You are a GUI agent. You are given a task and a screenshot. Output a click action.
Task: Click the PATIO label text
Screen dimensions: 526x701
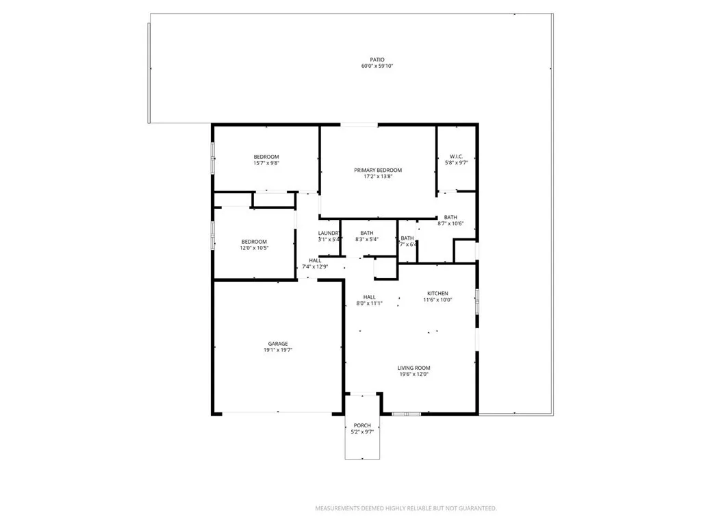pos(377,60)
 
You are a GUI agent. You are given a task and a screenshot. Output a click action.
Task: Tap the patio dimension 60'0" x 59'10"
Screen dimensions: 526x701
pos(377,66)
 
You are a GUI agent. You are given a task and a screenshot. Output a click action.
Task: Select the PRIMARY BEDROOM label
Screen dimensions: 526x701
pos(377,170)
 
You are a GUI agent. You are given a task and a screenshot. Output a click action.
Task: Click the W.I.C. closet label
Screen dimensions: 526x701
pos(457,156)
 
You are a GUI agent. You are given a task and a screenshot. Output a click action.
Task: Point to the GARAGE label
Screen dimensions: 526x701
pos(277,344)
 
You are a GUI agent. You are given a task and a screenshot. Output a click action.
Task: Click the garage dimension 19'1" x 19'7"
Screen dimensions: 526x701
pos(277,350)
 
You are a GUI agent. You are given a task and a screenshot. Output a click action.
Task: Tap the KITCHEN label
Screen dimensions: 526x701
pos(437,293)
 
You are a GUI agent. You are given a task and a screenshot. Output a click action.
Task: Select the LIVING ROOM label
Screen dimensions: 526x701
pos(413,368)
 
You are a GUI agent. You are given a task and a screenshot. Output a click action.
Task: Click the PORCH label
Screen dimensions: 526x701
pos(362,425)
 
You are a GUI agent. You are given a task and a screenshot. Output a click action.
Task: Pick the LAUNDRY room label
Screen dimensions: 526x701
pos(329,233)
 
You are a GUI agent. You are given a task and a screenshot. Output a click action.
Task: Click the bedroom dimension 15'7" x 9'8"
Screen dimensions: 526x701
pos(266,163)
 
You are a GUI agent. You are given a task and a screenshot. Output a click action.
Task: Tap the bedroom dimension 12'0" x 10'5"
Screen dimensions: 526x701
pos(254,247)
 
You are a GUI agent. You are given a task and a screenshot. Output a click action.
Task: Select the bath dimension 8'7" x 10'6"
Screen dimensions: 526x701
pos(450,223)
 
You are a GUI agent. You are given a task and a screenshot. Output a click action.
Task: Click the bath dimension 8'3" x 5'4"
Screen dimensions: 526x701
pos(367,240)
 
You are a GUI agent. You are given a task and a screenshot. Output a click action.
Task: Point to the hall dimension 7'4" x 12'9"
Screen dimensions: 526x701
pos(315,266)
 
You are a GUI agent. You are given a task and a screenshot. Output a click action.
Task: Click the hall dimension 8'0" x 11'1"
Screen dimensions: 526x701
pos(369,303)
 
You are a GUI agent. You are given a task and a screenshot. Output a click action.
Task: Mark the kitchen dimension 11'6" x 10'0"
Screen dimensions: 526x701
pos(437,299)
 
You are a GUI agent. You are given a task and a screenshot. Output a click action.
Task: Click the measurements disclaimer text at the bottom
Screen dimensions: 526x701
pos(405,508)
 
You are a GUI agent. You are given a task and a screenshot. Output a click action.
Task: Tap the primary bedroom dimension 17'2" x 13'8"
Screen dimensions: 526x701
pos(377,177)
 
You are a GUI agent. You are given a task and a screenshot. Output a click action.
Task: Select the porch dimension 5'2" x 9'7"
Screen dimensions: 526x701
pos(362,431)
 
